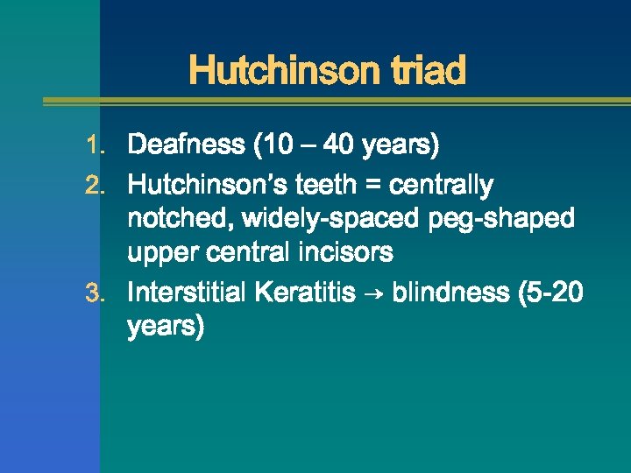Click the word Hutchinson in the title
click(x=280, y=70)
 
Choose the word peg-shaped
click(x=502, y=219)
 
